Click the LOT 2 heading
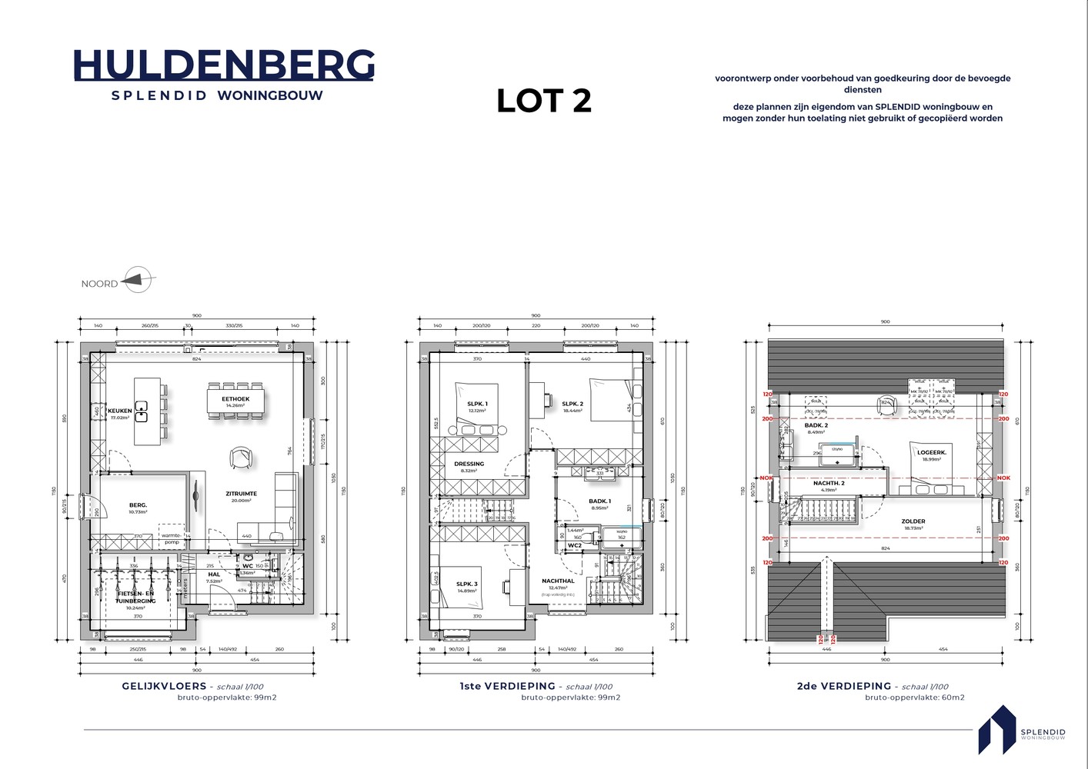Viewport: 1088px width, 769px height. (543, 101)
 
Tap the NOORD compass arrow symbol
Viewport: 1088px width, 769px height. (137, 280)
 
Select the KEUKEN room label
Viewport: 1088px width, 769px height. (119, 411)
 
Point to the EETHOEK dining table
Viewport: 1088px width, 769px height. (235, 401)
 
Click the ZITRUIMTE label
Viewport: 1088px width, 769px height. (241, 494)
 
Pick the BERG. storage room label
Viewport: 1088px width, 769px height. (138, 505)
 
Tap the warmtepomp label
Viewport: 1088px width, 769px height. (172, 538)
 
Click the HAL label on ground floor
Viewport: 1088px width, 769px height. (214, 574)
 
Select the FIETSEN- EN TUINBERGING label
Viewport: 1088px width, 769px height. (135, 597)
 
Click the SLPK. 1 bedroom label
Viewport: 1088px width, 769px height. (477, 404)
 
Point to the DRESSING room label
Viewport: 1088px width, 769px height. (469, 464)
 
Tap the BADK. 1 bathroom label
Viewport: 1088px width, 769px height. (599, 501)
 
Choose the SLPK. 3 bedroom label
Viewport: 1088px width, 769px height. (466, 584)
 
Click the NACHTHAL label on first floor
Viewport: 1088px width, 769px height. (558, 581)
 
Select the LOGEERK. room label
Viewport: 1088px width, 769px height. (931, 452)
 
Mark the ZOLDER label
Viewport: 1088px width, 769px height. (913, 521)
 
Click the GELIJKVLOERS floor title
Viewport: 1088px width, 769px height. (164, 686)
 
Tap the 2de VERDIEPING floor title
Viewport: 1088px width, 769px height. (843, 686)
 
